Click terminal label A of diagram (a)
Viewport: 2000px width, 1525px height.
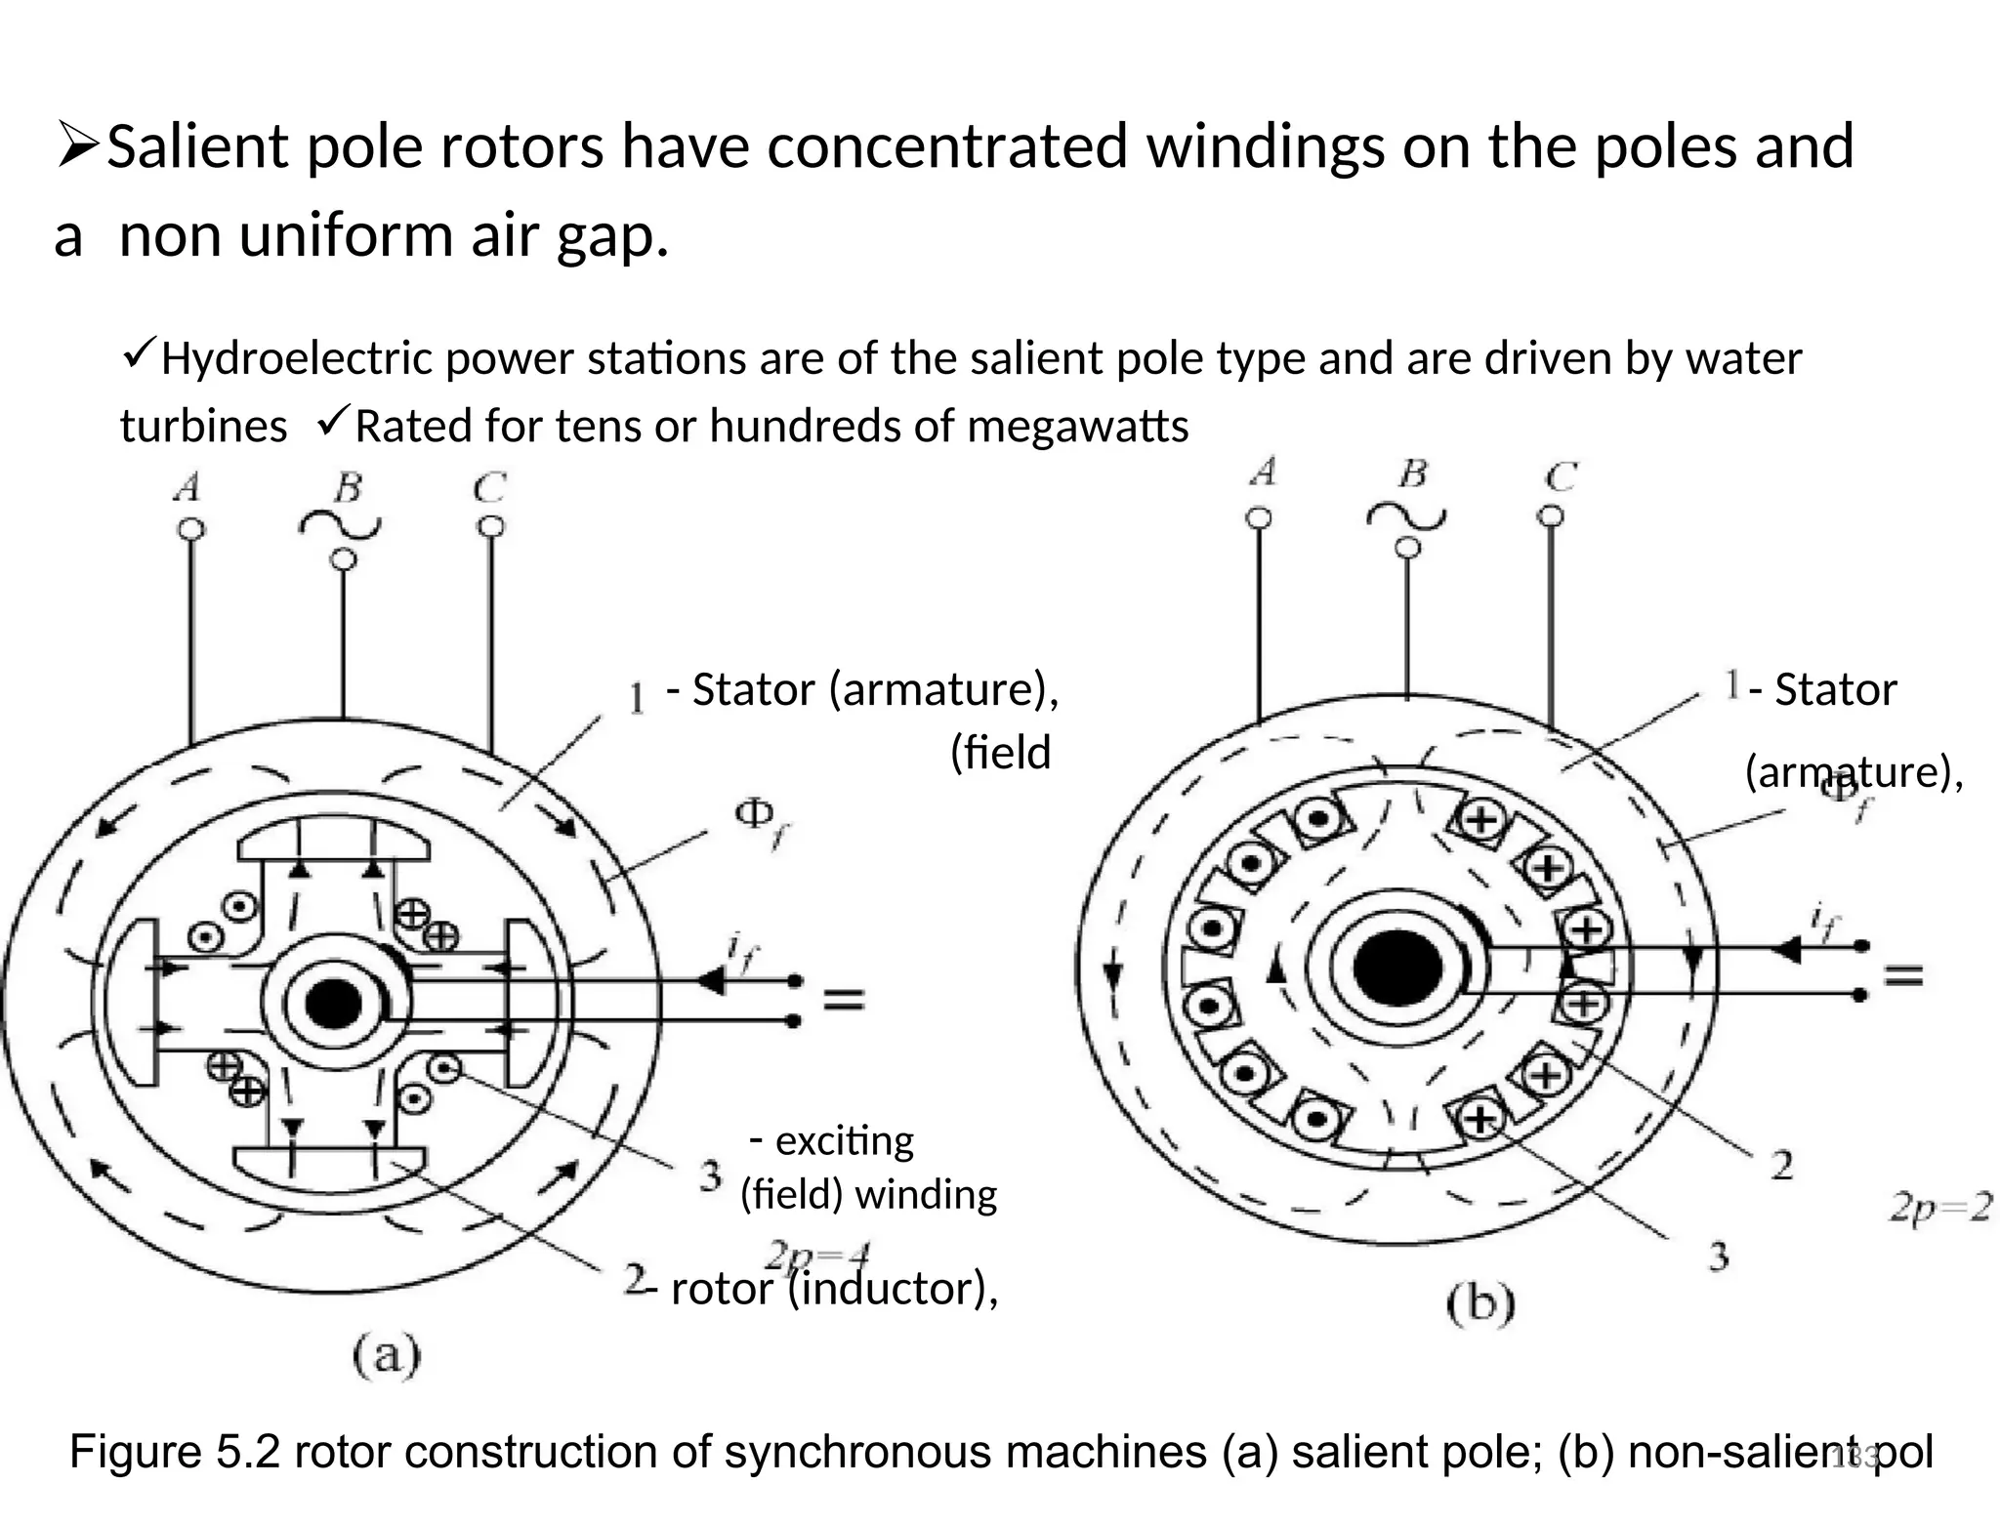pyautogui.click(x=187, y=486)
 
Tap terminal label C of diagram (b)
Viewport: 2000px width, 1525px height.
pyautogui.click(x=1561, y=476)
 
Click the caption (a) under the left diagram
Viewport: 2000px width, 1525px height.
pyautogui.click(x=387, y=1355)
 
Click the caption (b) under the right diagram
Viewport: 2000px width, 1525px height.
pyautogui.click(x=1480, y=1304)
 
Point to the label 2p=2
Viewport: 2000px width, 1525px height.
pyautogui.click(x=1939, y=1209)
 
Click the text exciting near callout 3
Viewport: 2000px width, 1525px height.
pyautogui.click(x=844, y=1140)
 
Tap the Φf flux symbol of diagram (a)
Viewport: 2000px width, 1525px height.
pyautogui.click(x=762, y=820)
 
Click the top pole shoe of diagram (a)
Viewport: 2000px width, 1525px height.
pyautogui.click(x=333, y=842)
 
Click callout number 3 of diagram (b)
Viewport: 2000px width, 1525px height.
pyautogui.click(x=1719, y=1256)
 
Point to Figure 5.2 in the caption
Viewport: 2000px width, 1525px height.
pyautogui.click(x=175, y=1452)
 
